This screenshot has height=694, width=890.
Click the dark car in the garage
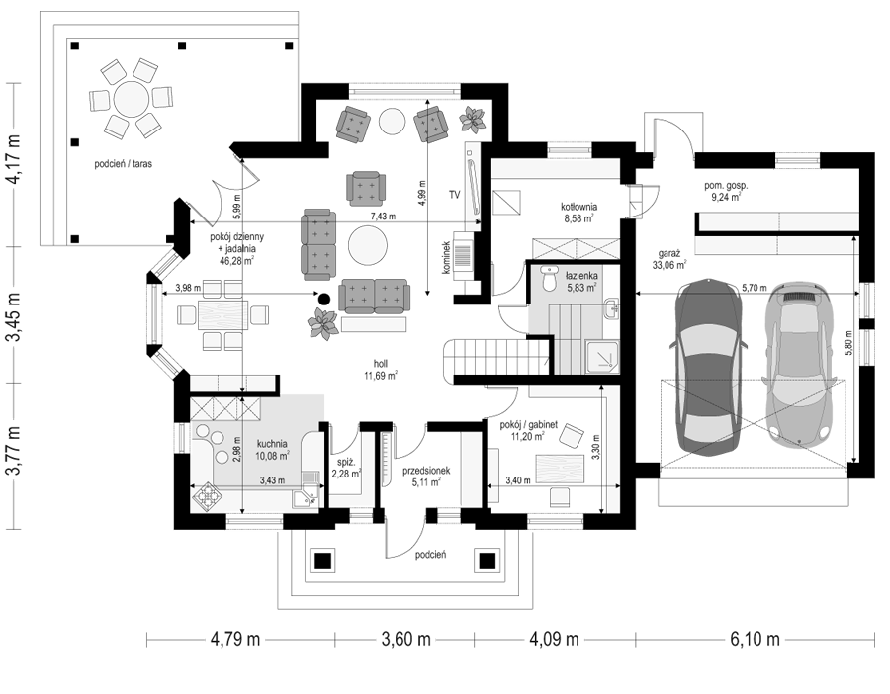[708, 367]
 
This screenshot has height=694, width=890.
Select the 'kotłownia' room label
[578, 208]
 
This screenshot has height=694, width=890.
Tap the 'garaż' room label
[668, 255]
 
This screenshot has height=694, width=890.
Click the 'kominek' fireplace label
[447, 258]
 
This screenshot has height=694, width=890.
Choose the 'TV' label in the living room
[454, 195]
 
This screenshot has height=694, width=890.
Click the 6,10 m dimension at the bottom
[755, 640]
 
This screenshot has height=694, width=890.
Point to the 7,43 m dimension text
[383, 217]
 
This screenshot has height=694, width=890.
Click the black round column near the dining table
[323, 298]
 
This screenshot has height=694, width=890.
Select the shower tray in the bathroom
[603, 356]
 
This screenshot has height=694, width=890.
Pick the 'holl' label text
[381, 365]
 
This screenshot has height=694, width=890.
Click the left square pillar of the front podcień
[323, 562]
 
